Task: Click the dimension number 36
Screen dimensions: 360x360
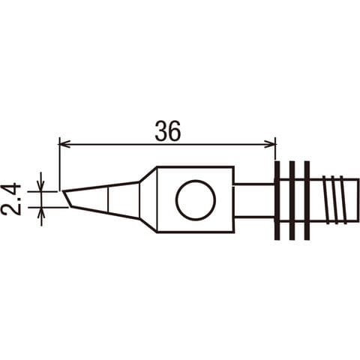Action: point(167,131)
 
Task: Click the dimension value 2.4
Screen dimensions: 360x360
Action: point(10,199)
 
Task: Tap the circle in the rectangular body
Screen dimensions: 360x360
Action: point(196,200)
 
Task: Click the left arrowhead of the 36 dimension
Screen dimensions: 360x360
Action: point(64,144)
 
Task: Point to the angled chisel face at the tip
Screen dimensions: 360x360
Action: point(67,199)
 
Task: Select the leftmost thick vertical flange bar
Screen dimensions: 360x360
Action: point(277,200)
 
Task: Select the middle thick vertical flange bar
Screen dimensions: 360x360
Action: point(292,200)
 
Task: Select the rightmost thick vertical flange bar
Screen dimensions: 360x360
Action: point(307,200)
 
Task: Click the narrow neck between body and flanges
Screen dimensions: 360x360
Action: point(253,200)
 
